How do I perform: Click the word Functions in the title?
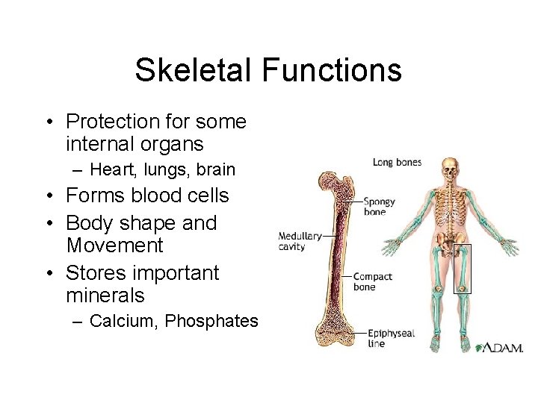(332, 71)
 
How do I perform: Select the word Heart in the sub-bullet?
(108, 170)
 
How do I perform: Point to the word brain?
(215, 170)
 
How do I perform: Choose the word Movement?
(114, 245)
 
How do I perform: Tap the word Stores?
(93, 272)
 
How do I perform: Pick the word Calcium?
(123, 321)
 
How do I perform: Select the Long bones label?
(397, 162)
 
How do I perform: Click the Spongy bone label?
(380, 207)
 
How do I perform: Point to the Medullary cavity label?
(300, 241)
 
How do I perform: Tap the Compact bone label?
(372, 281)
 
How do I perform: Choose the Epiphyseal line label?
(391, 338)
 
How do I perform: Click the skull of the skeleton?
(449, 168)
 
